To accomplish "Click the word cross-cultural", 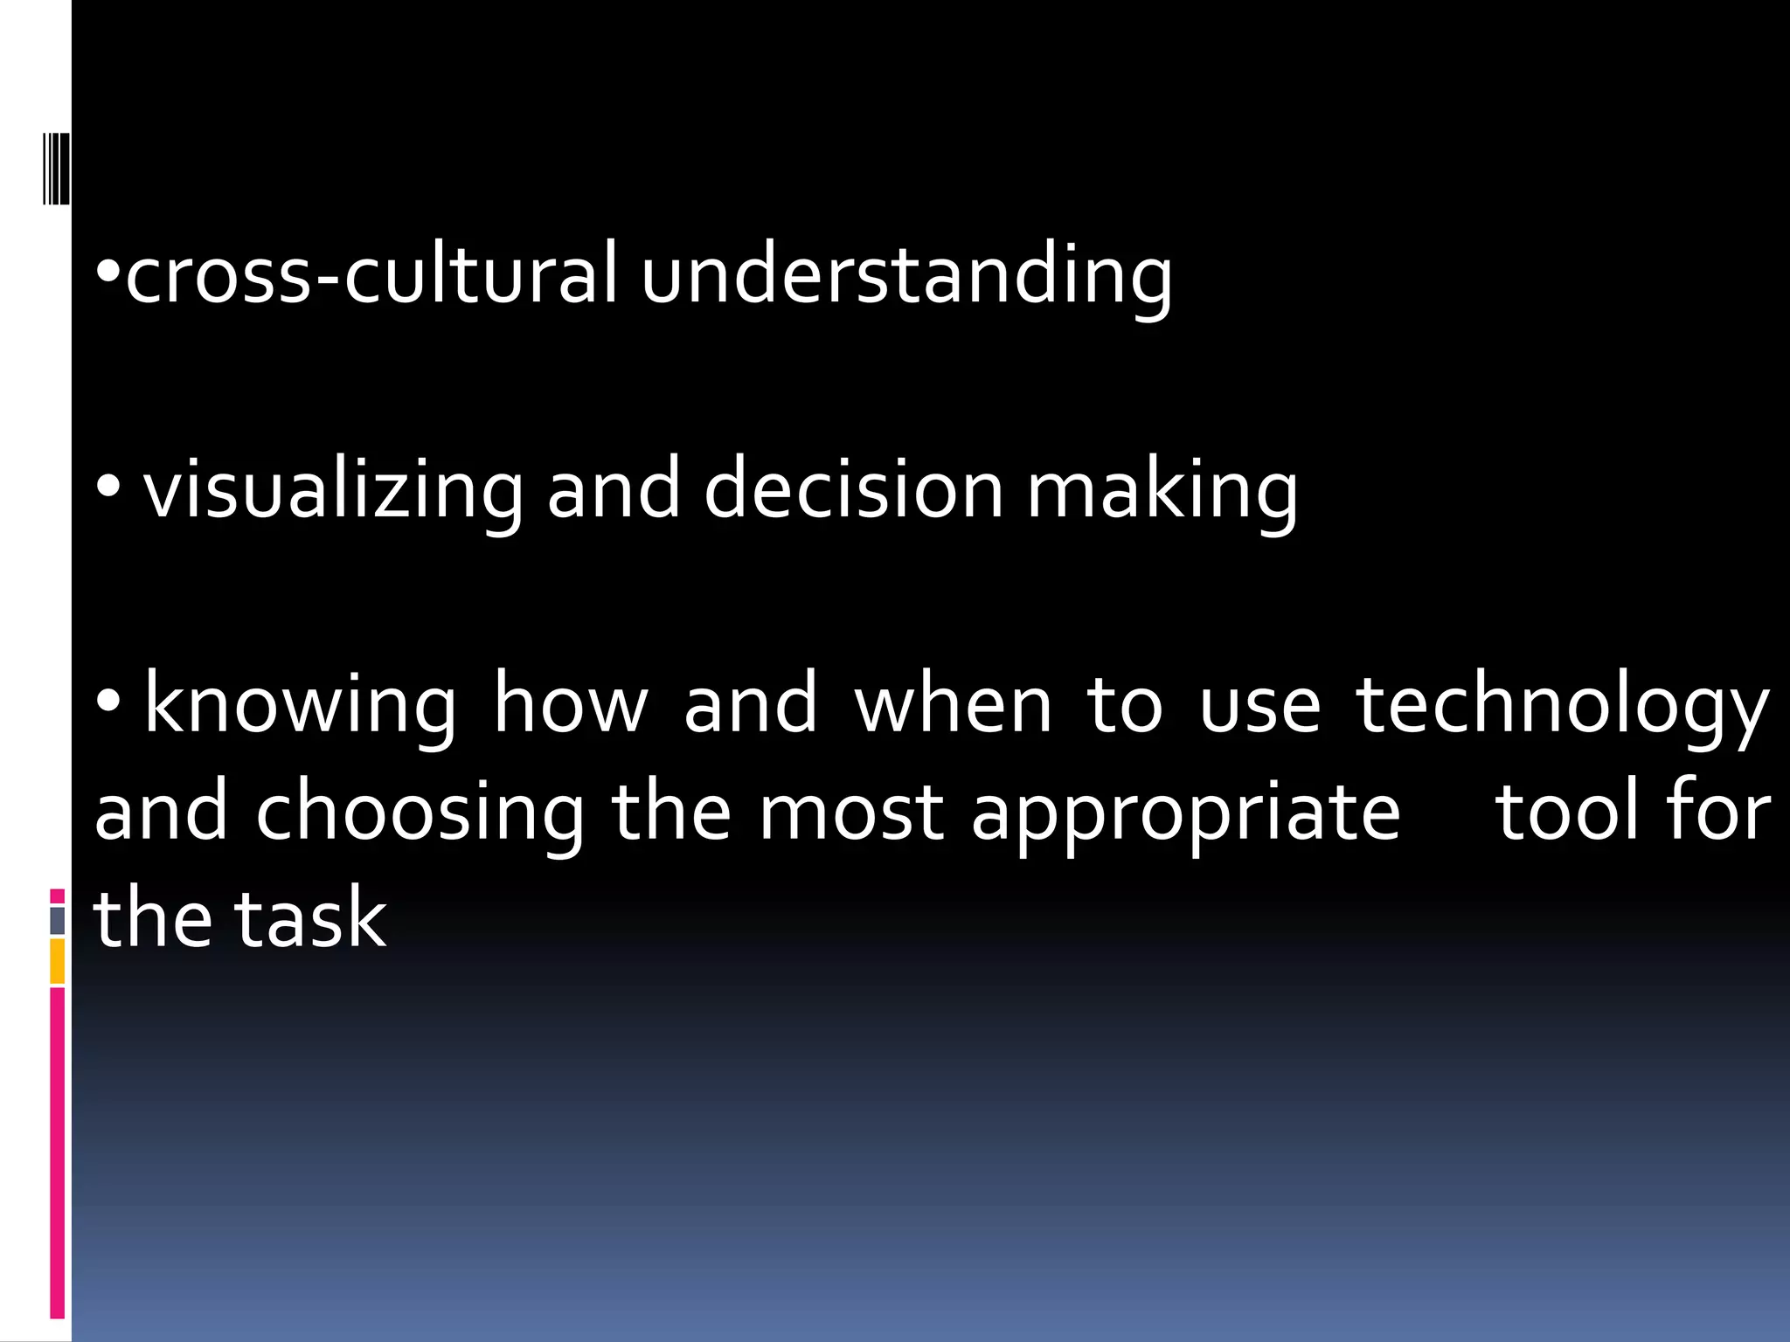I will point(371,275).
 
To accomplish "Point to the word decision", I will point(854,489).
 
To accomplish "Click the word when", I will point(954,704).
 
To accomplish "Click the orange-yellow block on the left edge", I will point(58,961).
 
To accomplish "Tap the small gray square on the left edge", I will point(58,920).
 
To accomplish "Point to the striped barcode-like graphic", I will point(57,169).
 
